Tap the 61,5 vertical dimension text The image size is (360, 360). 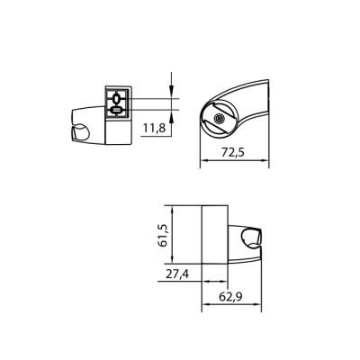pyautogui.click(x=162, y=236)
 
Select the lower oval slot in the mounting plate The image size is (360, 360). pyautogui.click(x=118, y=112)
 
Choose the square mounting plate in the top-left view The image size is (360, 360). pyautogui.click(x=118, y=104)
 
